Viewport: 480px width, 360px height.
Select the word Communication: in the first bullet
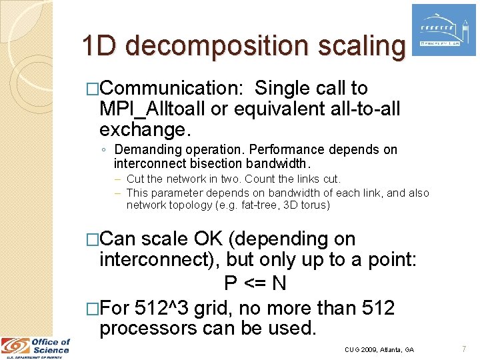(171, 88)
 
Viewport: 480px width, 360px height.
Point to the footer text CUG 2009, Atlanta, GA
(379, 349)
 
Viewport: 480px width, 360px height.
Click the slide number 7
(463, 349)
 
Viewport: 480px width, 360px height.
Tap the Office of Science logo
(36, 347)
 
